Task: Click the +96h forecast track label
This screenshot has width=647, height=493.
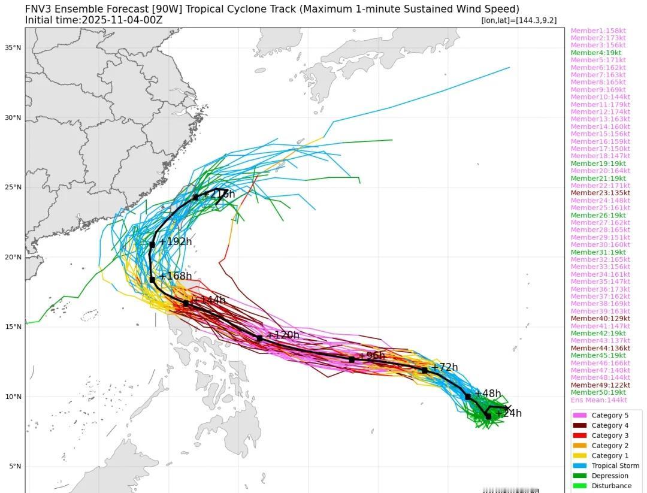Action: [x=371, y=356]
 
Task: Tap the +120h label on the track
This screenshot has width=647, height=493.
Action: [x=282, y=335]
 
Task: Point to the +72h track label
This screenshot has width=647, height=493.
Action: [x=445, y=367]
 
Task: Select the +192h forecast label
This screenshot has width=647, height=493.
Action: [x=175, y=241]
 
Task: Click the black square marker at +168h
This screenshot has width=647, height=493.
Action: [x=152, y=280]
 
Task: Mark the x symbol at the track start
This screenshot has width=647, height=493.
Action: [x=508, y=408]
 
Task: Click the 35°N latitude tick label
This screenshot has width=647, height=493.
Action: [x=14, y=47]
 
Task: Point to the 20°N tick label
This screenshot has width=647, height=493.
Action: [x=14, y=257]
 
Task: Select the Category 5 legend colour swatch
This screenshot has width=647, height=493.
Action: [x=579, y=415]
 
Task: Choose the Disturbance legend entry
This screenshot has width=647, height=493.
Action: [x=611, y=486]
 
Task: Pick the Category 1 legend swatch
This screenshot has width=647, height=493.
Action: [x=579, y=455]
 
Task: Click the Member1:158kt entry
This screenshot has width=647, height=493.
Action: [x=598, y=31]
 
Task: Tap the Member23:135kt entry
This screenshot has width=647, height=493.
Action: [x=600, y=193]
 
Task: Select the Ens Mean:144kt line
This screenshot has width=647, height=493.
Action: [x=598, y=400]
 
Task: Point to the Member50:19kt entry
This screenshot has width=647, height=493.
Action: [x=598, y=392]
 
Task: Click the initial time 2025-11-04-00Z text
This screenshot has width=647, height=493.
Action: [x=122, y=20]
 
